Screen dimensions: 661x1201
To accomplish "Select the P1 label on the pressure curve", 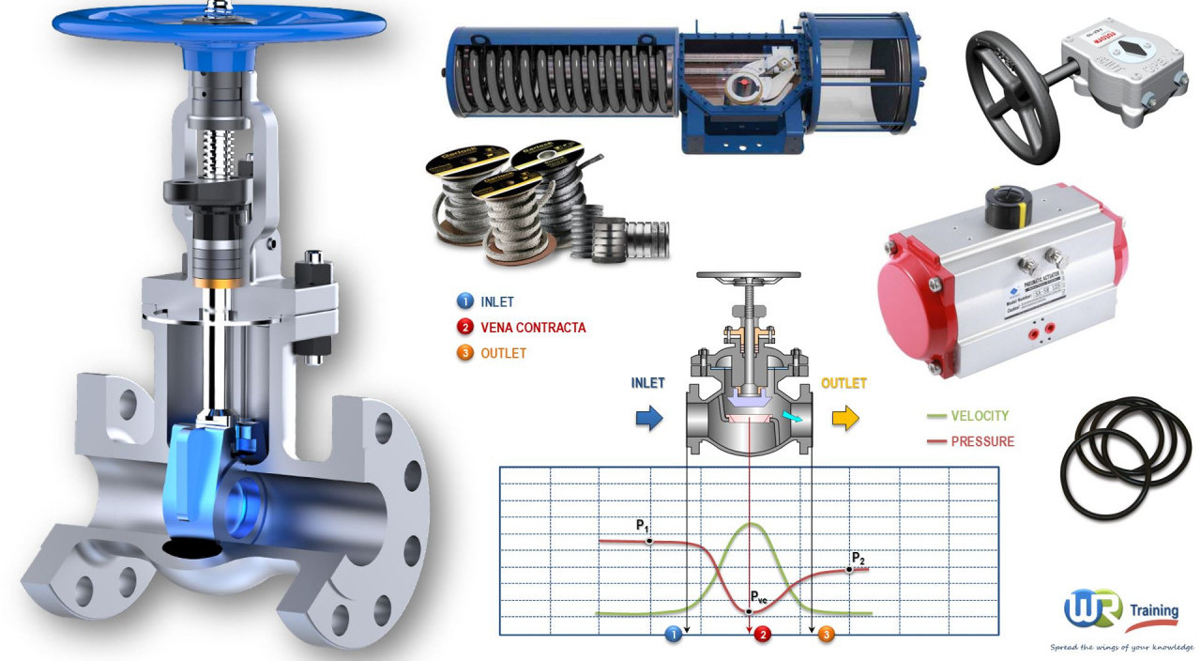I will tap(643, 525).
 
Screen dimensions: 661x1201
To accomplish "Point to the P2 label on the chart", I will tap(858, 559).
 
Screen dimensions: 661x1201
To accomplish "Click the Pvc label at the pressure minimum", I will tap(760, 597).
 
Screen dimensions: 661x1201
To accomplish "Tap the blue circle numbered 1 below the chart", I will tap(672, 635).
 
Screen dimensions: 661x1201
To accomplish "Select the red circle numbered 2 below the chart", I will tap(763, 635).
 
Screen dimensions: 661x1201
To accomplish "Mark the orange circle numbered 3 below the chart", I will tap(825, 635).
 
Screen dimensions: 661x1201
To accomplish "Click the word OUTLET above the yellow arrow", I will tap(844, 383).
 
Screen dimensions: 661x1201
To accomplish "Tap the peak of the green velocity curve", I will tap(750, 524).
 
